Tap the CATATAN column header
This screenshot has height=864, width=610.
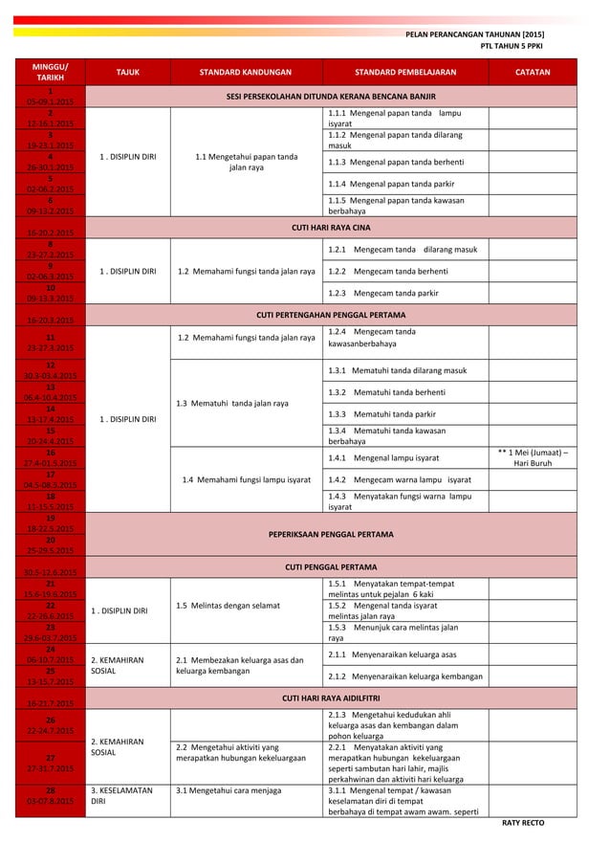tap(533, 72)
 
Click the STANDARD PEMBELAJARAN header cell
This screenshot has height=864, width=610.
tap(404, 72)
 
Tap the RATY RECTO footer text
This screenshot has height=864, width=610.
tap(522, 822)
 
